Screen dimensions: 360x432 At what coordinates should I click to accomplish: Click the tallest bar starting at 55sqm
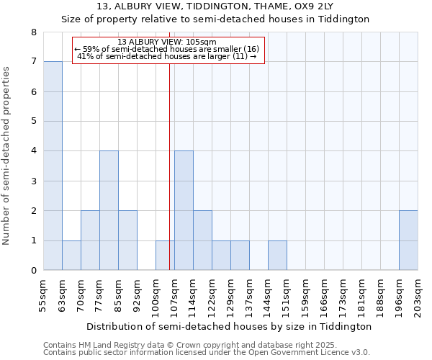(53, 166)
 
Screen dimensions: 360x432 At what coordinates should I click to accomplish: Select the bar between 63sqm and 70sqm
(71, 256)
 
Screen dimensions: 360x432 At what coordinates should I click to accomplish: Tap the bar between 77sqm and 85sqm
(109, 210)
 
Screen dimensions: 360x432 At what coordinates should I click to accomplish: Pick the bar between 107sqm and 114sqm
(184, 210)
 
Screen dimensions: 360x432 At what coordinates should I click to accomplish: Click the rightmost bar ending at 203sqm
(408, 240)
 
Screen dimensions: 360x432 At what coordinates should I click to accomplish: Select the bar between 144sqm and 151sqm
(277, 256)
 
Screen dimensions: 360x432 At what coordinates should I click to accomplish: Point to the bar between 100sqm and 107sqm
(165, 256)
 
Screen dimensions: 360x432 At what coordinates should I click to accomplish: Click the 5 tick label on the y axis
(33, 122)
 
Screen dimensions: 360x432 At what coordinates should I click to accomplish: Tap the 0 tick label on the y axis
(33, 271)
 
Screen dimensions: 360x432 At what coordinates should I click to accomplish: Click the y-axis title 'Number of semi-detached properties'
(7, 156)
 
